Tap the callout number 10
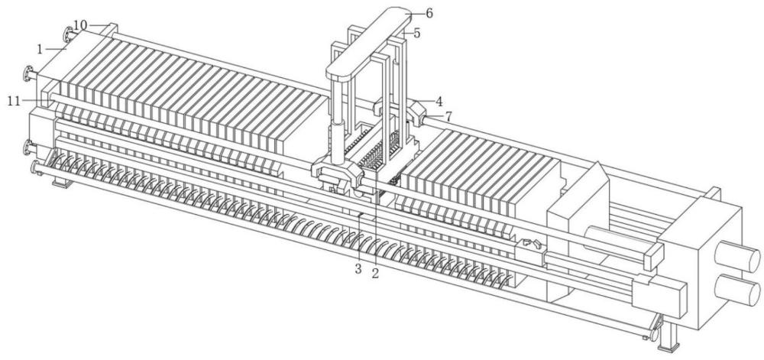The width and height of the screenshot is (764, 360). (80, 24)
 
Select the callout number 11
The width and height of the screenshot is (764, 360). (14, 101)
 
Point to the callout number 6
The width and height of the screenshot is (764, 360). (429, 13)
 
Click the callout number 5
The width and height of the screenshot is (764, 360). (417, 34)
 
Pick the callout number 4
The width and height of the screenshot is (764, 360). (439, 102)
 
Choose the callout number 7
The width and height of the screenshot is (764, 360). (448, 116)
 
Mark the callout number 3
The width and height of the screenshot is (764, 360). (358, 268)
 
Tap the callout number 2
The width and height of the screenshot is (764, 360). (375, 274)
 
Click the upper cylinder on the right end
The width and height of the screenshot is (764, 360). (737, 255)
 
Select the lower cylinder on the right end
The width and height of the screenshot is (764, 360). (737, 290)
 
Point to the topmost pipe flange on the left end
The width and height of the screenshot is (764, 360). (67, 35)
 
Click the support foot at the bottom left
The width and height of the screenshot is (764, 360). (61, 182)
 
